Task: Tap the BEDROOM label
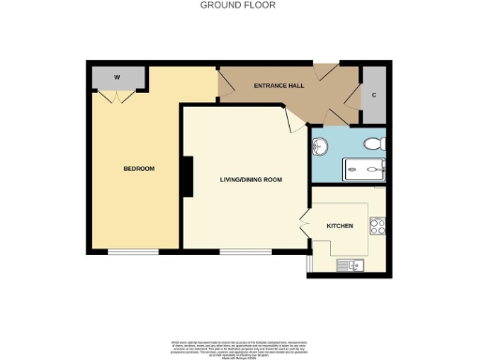click(139, 169)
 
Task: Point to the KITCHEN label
click(338, 227)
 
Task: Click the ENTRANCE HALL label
click(278, 86)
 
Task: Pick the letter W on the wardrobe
click(117, 78)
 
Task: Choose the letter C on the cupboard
click(373, 94)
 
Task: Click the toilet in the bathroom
click(374, 144)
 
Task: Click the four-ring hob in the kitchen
click(380, 226)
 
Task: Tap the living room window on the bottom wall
click(245, 251)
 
